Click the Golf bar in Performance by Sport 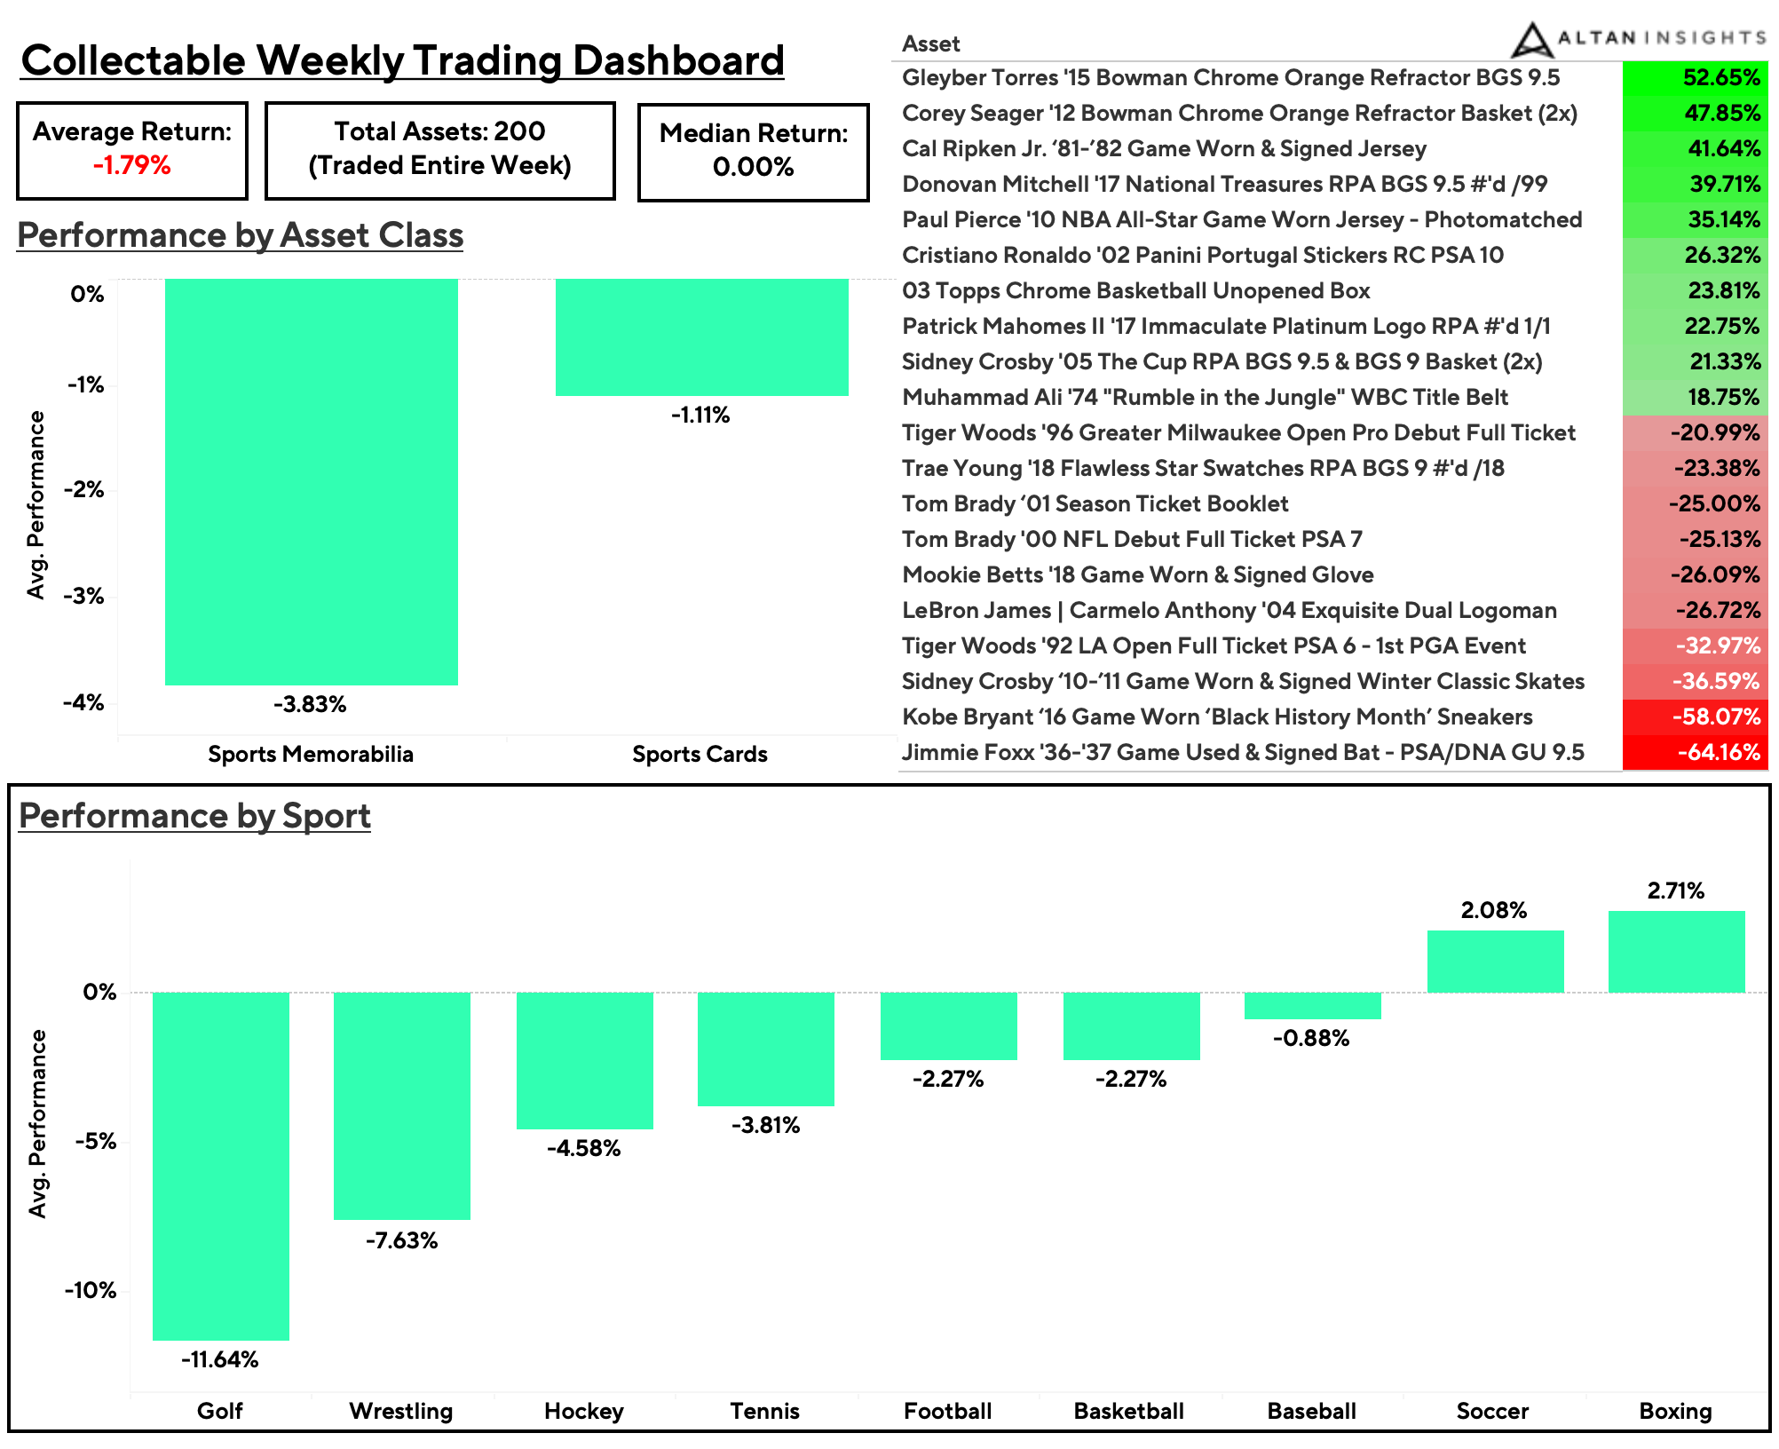click(x=220, y=1165)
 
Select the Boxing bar click(x=1676, y=951)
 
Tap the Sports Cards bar click(x=701, y=337)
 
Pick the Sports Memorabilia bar click(x=311, y=481)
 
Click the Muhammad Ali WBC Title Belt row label click(x=1205, y=398)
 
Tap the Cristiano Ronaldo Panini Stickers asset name click(x=1203, y=256)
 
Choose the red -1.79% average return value click(x=131, y=166)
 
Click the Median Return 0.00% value click(x=753, y=167)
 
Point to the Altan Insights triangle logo click(x=1530, y=40)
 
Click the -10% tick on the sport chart click(x=90, y=1290)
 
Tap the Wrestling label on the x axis click(x=401, y=1411)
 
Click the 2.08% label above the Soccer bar click(x=1493, y=910)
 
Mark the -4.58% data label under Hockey click(x=583, y=1149)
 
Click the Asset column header click(x=930, y=44)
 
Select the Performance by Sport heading click(x=194, y=816)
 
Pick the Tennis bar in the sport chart click(x=765, y=1049)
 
